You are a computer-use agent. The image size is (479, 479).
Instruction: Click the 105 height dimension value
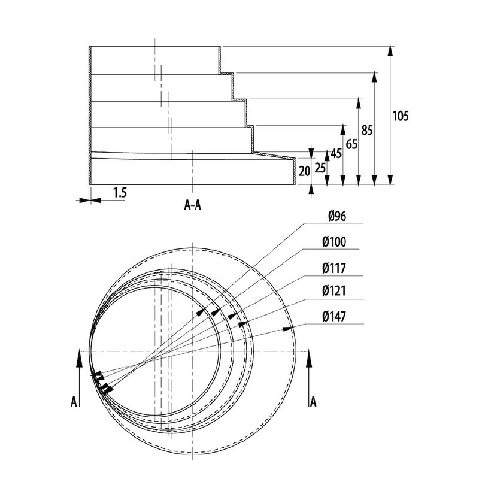tap(400, 116)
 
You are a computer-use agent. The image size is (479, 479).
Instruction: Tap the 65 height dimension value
tap(351, 143)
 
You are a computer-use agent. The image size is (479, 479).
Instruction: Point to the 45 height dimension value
tap(336, 153)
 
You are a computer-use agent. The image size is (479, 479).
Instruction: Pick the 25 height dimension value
tap(320, 168)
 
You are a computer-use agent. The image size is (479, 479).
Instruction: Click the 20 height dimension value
tap(304, 171)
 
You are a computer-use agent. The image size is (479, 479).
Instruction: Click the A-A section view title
tap(192, 207)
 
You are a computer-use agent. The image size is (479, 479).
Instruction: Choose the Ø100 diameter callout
tap(334, 242)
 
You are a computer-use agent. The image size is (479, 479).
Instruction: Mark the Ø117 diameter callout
tap(333, 267)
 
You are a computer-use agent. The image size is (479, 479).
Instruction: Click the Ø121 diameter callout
tap(333, 292)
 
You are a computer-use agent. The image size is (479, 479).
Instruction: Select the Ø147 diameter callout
tap(333, 316)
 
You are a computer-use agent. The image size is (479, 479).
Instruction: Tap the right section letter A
tap(313, 401)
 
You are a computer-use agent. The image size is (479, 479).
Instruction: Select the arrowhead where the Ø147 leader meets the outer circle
tap(288, 328)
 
